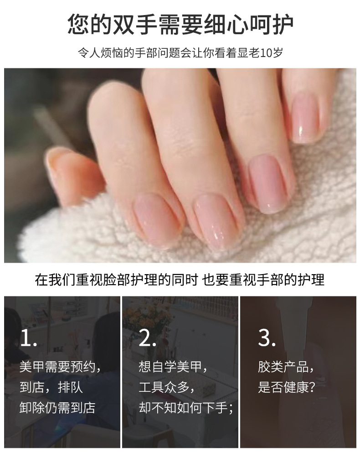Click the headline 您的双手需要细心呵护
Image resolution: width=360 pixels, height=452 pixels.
[x=180, y=24]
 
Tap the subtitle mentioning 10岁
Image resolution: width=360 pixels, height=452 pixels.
[x=180, y=52]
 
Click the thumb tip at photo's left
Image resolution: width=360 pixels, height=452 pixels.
[x=59, y=164]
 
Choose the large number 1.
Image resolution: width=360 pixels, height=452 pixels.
[x=28, y=338]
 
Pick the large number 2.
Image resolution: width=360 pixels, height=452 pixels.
[x=148, y=338]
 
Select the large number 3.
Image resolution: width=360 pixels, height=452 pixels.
[x=267, y=338]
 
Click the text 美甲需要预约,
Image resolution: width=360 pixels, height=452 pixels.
[x=61, y=367]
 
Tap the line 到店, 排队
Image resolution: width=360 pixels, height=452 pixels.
[x=51, y=387]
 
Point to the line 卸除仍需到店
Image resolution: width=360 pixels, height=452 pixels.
[x=57, y=407]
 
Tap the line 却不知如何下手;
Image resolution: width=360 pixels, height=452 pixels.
[x=186, y=407]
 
